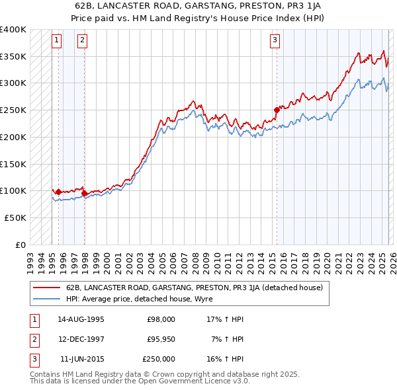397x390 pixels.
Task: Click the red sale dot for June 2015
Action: tap(277, 110)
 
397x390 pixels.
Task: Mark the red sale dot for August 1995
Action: tap(58, 192)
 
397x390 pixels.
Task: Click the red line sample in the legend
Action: tap(46, 288)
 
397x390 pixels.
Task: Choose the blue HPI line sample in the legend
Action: tap(46, 299)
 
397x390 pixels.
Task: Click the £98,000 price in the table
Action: tap(161, 319)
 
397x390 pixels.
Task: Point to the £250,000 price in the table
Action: tap(159, 359)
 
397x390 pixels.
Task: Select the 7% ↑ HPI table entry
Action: tap(228, 339)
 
